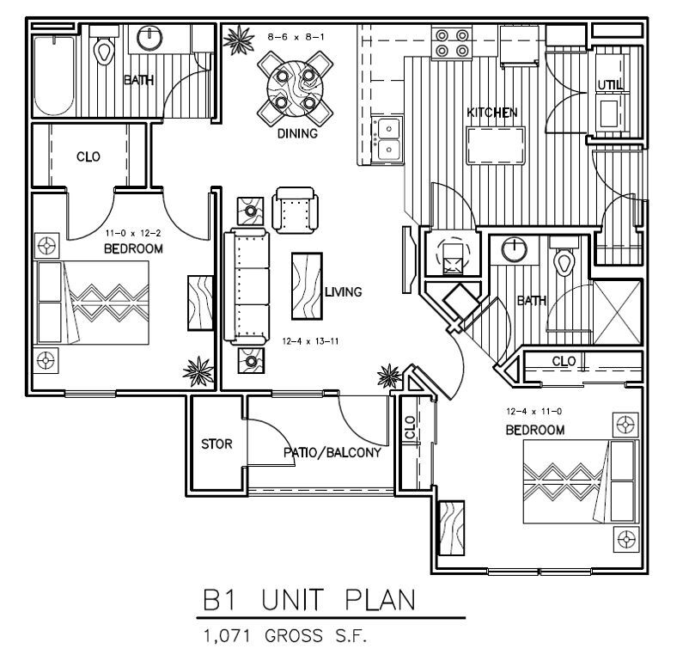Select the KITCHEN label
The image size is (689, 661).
coord(491,113)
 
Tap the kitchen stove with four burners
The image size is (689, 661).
coord(453,43)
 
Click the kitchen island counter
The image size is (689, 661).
coord(497,144)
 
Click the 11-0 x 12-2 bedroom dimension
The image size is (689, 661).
coord(133,233)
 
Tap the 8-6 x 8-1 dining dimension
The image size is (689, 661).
coord(296,37)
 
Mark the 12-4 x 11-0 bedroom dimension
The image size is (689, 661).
coord(534,413)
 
